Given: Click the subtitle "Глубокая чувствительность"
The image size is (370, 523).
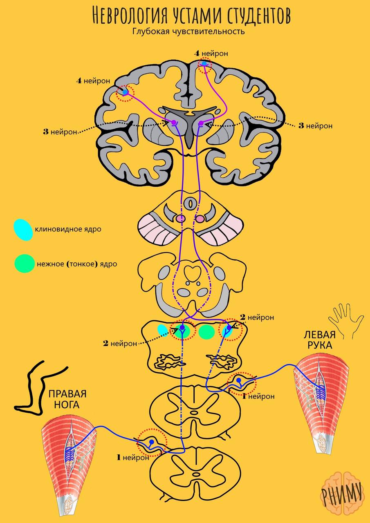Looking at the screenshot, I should coord(188,31).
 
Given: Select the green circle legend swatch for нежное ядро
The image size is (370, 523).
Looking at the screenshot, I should coord(24,264).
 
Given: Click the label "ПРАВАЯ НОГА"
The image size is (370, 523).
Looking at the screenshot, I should coord(67,399).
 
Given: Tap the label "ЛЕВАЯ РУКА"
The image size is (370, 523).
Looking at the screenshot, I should coord(319,340).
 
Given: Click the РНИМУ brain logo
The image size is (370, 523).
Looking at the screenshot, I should coord(341,494).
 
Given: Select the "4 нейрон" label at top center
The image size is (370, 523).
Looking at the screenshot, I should coord(211,53).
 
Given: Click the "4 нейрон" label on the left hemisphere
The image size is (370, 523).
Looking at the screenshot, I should coord(93,81).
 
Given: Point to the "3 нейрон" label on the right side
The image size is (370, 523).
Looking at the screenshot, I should coord(315,126).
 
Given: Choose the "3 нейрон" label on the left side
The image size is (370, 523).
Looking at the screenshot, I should coord(60,132).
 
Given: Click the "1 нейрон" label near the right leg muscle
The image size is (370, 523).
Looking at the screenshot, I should coord(132,458).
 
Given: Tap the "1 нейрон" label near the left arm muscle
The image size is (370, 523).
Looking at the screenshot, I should coord(258,396).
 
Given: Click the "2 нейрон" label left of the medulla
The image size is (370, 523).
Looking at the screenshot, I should coord(120,343).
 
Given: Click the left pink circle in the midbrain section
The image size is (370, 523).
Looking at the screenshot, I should coord(181,219).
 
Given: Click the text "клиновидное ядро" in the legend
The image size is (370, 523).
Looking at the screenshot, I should coord(68,229).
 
